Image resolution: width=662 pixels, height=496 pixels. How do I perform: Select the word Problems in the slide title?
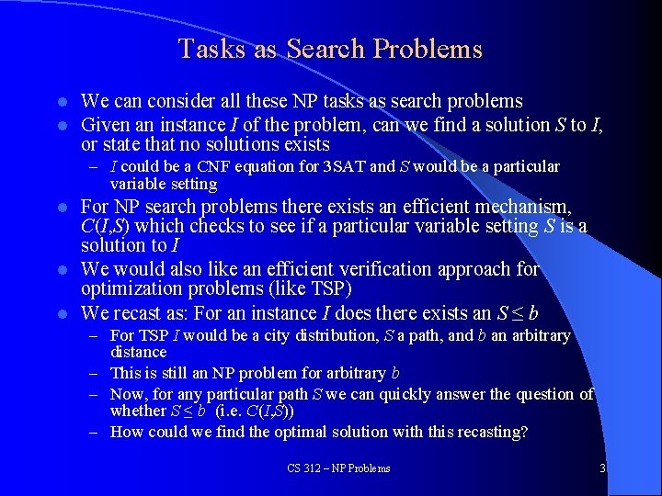434,49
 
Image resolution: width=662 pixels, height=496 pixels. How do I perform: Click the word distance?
138,353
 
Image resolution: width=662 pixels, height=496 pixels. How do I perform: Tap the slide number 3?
603,468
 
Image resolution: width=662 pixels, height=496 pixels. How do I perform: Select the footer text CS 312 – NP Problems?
338,468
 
